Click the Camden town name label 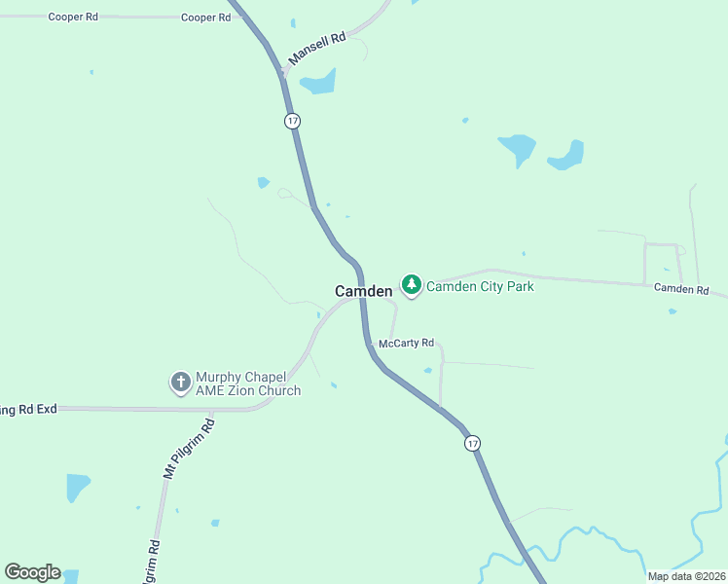tap(363, 291)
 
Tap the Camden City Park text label tap(480, 286)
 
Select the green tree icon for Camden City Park tap(412, 285)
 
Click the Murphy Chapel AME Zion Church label tap(248, 383)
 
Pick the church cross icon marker tap(180, 383)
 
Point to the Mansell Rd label tap(317, 52)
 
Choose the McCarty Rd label tap(406, 344)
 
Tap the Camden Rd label tap(680, 288)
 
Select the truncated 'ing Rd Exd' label tap(29, 410)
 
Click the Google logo tap(32, 572)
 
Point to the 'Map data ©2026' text tap(685, 576)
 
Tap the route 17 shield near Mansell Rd tap(293, 121)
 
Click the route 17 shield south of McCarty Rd tap(472, 443)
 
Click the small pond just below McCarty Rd tap(428, 370)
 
